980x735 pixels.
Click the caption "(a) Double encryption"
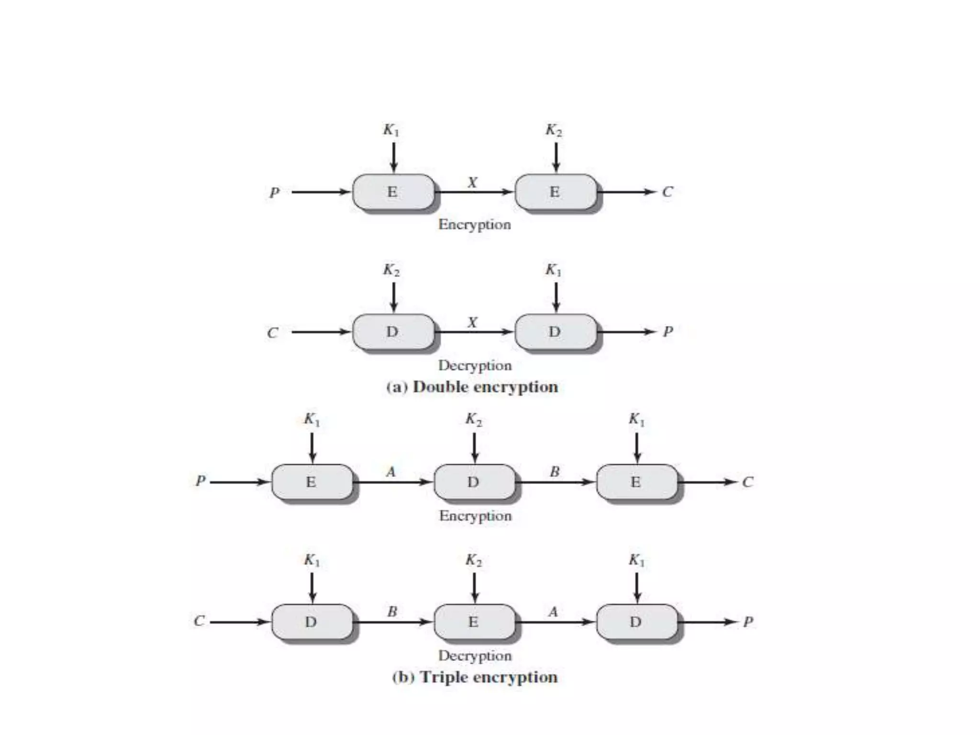472,387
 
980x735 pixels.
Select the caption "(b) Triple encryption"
475,677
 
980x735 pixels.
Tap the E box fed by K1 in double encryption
393,192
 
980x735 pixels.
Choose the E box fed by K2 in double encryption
555,192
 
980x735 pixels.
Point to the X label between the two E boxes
473,182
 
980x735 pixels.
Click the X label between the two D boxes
473,323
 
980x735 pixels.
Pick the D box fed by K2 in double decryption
393,332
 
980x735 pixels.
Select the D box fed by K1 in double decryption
555,332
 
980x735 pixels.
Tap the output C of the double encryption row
668,192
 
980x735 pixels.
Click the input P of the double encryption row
274,192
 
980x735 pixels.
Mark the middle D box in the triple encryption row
474,482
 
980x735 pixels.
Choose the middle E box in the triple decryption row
474,622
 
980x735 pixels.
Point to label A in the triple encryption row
391,472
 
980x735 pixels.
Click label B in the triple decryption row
392,612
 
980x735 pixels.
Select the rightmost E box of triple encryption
636,482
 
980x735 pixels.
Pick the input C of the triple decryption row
199,621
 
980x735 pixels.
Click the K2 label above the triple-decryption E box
474,560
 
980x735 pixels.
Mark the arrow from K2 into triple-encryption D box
474,447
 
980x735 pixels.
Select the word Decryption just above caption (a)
475,366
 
